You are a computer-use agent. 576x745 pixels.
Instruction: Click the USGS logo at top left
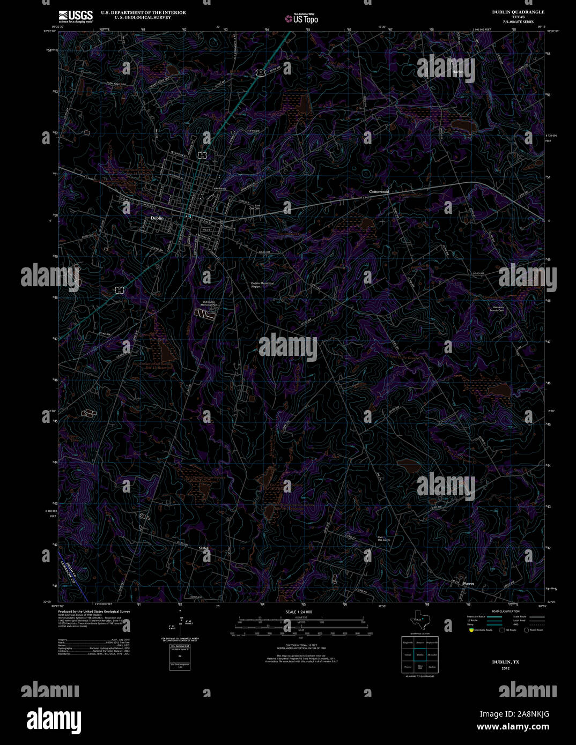click(x=76, y=16)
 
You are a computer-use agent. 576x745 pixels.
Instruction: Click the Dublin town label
click(x=157, y=218)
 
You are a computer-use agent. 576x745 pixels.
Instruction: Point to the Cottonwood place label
click(x=379, y=191)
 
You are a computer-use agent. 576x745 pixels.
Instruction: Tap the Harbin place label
click(x=457, y=72)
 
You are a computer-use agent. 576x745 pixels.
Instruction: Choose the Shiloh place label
click(x=204, y=548)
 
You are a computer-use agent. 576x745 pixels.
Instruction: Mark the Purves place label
click(x=469, y=583)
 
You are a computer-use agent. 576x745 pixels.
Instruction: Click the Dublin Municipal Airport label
click(x=262, y=285)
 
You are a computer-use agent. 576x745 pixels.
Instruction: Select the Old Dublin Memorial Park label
click(x=209, y=303)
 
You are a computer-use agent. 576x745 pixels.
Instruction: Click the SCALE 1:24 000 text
click(x=299, y=612)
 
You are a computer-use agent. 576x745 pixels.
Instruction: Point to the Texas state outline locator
click(x=419, y=620)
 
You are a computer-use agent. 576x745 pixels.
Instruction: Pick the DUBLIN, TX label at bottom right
click(x=505, y=662)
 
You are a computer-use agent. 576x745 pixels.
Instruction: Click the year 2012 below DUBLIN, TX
click(x=505, y=668)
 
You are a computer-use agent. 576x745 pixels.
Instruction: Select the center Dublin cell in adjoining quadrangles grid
click(x=420, y=654)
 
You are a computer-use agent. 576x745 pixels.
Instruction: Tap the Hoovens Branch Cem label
click(x=497, y=308)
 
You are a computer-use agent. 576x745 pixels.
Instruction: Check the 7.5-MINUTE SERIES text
click(x=518, y=22)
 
